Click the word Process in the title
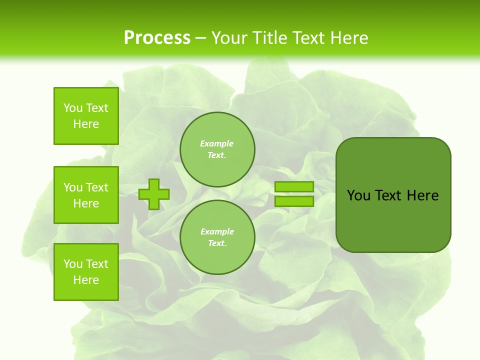pyautogui.click(x=157, y=38)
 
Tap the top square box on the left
pyautogui.click(x=86, y=116)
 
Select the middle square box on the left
pyautogui.click(x=86, y=195)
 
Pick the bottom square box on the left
pyautogui.click(x=86, y=272)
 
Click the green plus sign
pyautogui.click(x=154, y=194)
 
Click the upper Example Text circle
pyautogui.click(x=217, y=149)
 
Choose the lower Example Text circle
pyautogui.click(x=217, y=237)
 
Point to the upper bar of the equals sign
pyautogui.click(x=294, y=187)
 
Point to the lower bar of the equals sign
pyautogui.click(x=294, y=201)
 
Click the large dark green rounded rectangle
pyautogui.click(x=393, y=220)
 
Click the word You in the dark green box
pyautogui.click(x=358, y=195)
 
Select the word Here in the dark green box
pyautogui.click(x=422, y=195)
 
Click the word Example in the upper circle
pyautogui.click(x=217, y=143)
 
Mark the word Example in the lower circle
pyautogui.click(x=217, y=231)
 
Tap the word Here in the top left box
pyautogui.click(x=86, y=124)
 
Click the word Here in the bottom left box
pyautogui.click(x=86, y=280)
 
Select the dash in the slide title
pyautogui.click(x=201, y=38)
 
